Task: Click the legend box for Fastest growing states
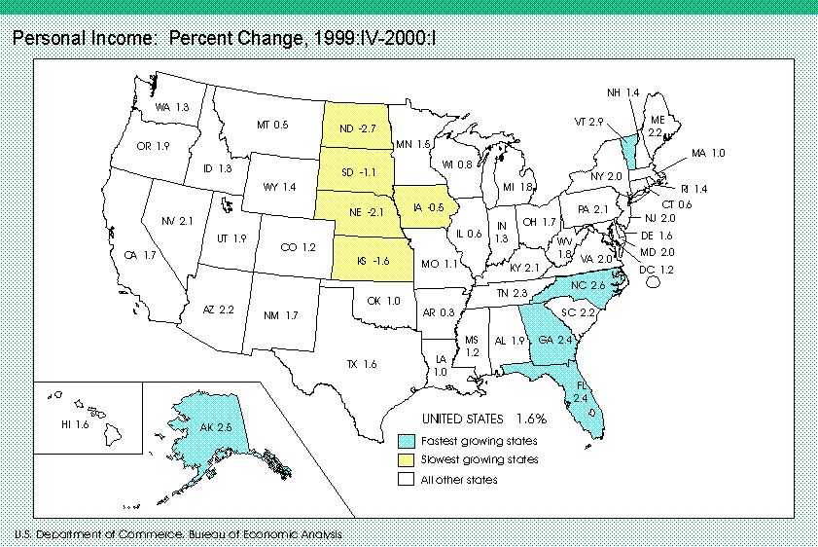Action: pyautogui.click(x=406, y=441)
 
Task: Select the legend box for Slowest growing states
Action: pyautogui.click(x=406, y=459)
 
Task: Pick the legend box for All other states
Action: pyautogui.click(x=406, y=479)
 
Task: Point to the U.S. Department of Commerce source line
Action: pyautogui.click(x=178, y=534)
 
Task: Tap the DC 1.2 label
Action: pyautogui.click(x=656, y=268)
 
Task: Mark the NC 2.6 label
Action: pyautogui.click(x=587, y=285)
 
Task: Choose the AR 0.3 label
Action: pyautogui.click(x=440, y=311)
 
